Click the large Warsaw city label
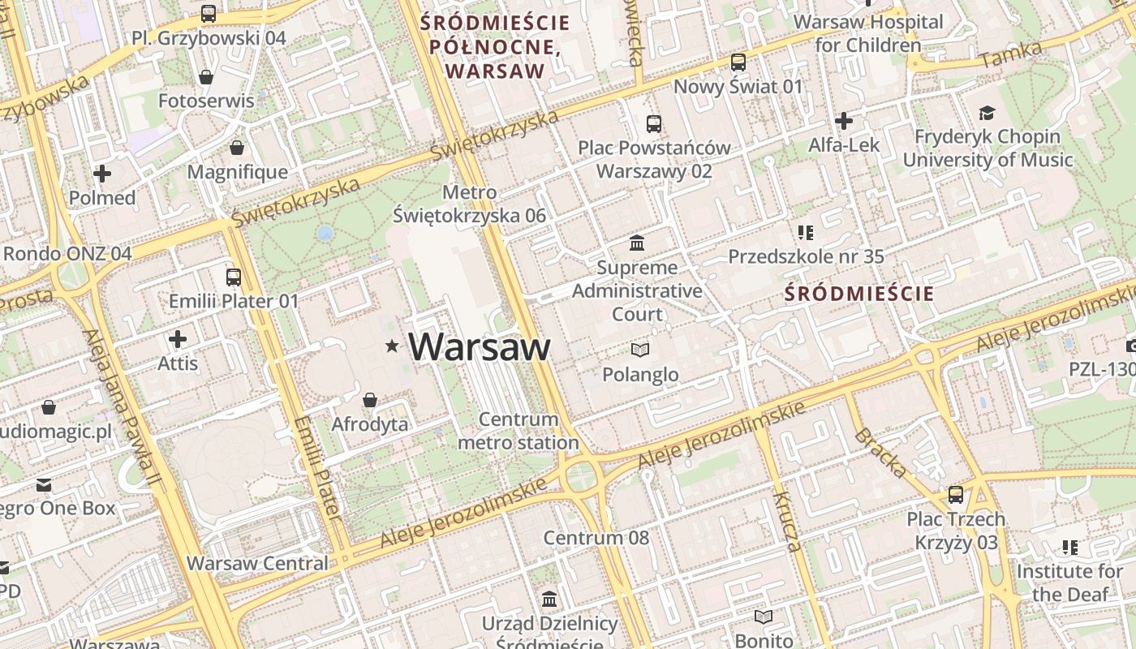point(480,346)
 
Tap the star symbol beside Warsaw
point(393,346)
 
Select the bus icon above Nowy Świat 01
point(738,62)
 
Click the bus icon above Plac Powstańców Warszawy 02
point(653,123)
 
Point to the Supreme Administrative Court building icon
point(637,243)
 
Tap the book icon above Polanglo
point(640,350)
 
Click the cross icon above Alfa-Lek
point(844,121)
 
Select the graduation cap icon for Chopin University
point(987,113)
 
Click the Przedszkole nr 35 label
point(806,257)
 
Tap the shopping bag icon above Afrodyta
point(370,400)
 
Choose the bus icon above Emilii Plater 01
point(234,277)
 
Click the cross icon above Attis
point(178,338)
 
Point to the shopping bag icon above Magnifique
point(237,148)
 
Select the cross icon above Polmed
point(102,173)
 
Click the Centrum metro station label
point(519,431)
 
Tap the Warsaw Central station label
point(257,563)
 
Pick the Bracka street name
point(880,453)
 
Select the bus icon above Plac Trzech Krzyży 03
point(956,494)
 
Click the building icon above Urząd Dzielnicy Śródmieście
point(549,600)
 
